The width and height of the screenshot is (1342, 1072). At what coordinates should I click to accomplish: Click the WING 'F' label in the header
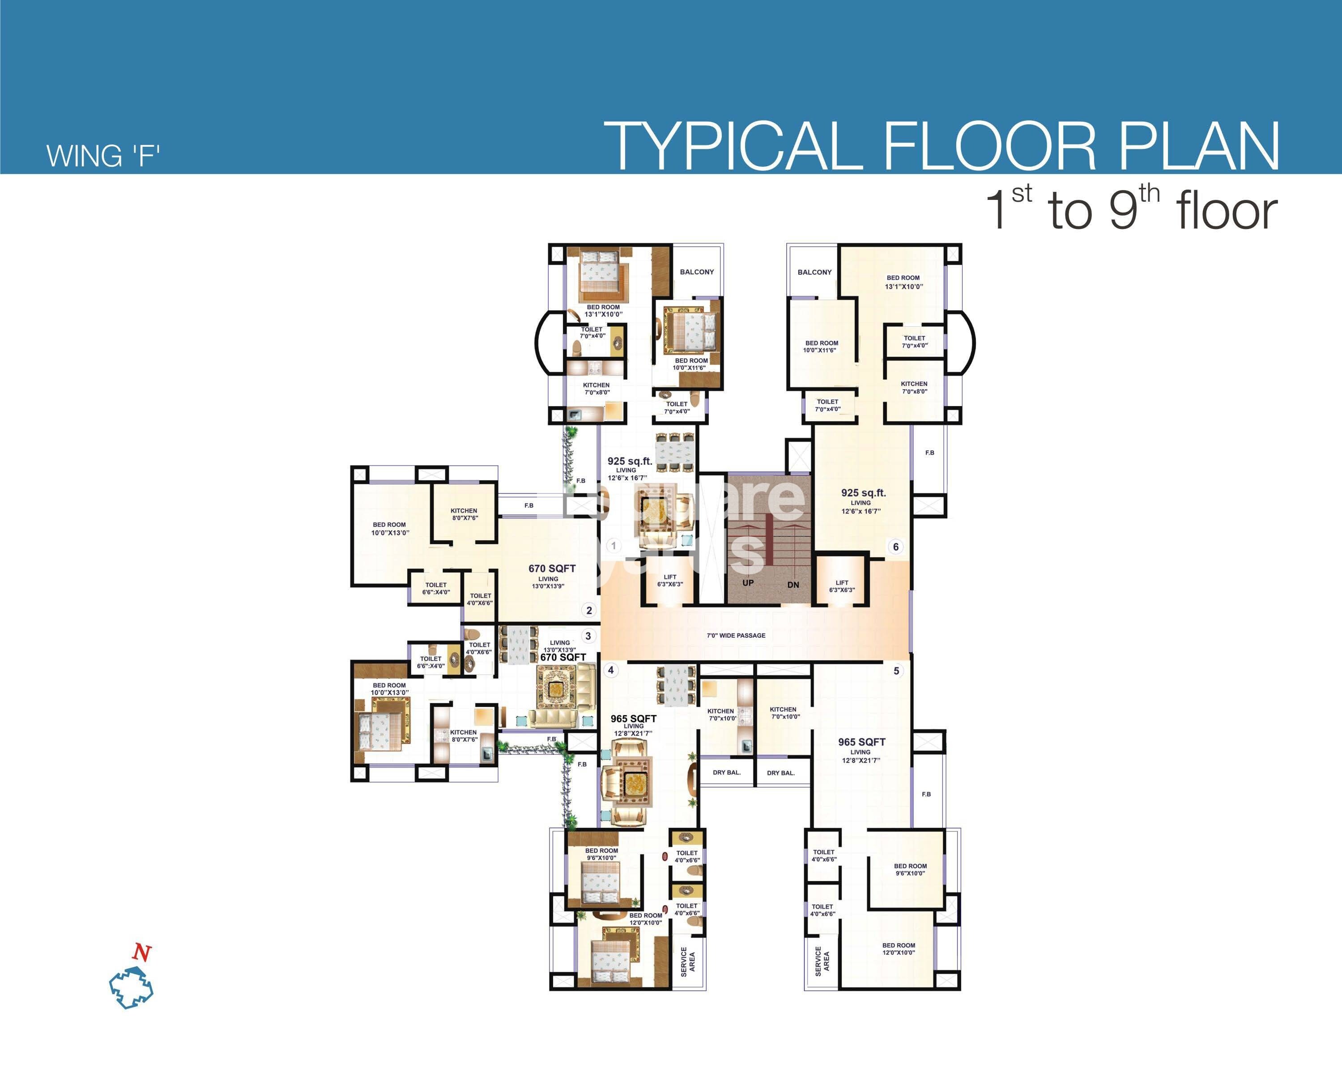point(103,156)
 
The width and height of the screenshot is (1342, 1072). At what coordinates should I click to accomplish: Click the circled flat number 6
point(896,547)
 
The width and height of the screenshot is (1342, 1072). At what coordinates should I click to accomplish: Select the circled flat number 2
point(589,610)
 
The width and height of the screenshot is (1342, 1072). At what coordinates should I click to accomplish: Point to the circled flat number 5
point(896,671)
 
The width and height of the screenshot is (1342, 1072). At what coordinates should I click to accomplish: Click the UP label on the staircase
point(748,583)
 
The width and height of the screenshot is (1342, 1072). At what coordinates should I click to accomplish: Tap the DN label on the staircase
point(793,585)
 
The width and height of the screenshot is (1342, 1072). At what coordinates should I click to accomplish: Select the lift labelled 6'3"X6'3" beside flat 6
point(842,586)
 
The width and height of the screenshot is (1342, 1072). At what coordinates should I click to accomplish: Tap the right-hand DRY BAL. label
point(780,773)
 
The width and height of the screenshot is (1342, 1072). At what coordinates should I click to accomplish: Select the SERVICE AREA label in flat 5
point(822,961)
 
